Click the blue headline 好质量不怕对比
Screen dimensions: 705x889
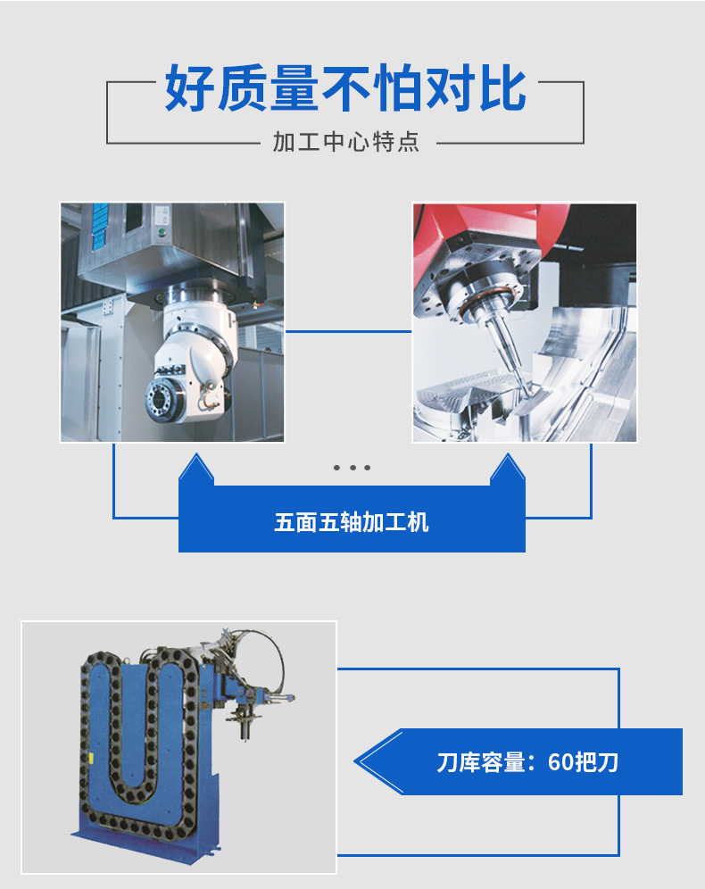point(345,87)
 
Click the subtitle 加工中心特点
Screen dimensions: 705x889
point(346,142)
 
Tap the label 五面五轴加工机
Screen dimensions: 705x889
point(352,522)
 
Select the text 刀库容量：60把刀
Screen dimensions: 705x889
point(527,762)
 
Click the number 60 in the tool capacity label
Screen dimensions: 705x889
point(561,762)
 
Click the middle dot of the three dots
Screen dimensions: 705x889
point(352,468)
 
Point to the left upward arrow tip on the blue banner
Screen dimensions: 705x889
point(196,453)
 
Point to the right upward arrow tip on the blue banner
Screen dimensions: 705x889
point(507,453)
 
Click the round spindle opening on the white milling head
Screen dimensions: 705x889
point(161,400)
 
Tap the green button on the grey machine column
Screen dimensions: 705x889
point(161,231)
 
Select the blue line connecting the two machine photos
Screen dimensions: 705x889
point(348,331)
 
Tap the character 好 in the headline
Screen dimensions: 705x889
point(189,87)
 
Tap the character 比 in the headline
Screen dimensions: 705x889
point(502,87)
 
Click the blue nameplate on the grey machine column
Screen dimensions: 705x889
point(100,226)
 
